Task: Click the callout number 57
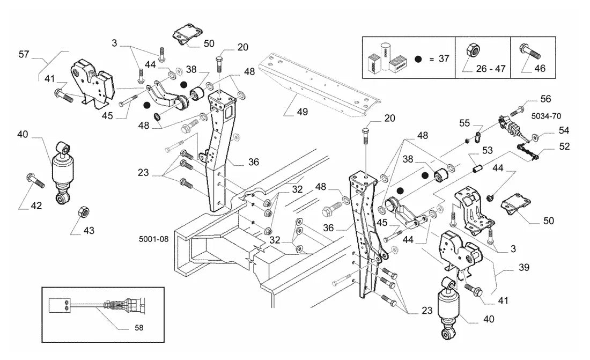click(24, 55)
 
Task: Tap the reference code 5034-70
click(546, 116)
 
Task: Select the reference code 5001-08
click(153, 239)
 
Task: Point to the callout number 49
click(302, 112)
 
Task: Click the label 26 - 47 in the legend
click(491, 69)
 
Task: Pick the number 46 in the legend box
click(540, 69)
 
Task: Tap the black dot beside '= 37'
click(418, 59)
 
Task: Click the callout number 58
click(139, 328)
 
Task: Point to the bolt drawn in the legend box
click(530, 52)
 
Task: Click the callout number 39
click(524, 267)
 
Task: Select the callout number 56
click(545, 99)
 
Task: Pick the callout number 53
click(487, 150)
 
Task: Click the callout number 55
click(464, 123)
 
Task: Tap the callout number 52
click(564, 146)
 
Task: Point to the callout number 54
click(564, 130)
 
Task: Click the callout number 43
click(89, 231)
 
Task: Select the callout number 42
click(36, 205)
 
